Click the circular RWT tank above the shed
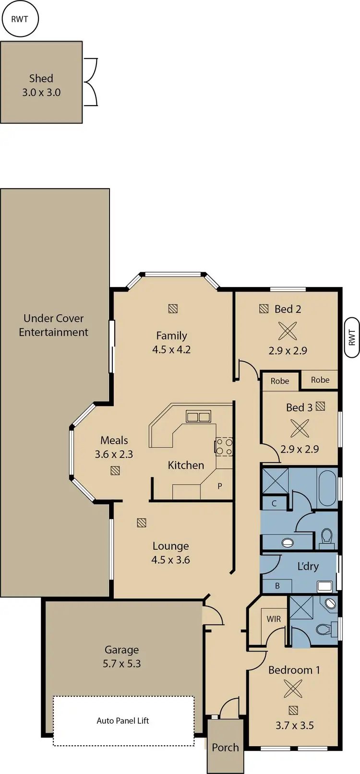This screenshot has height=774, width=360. click(x=19, y=20)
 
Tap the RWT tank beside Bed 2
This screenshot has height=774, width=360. click(x=351, y=337)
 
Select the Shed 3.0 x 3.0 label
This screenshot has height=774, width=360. click(x=41, y=85)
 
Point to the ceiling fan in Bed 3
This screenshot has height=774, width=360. click(x=300, y=428)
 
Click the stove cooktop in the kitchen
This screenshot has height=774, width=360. click(x=224, y=447)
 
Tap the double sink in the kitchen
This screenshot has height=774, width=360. click(x=198, y=416)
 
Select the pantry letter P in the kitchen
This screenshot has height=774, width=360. click(x=220, y=486)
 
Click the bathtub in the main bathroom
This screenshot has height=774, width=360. click(x=327, y=488)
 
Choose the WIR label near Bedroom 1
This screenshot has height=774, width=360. click(x=274, y=619)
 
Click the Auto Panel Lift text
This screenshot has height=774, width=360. click(x=123, y=721)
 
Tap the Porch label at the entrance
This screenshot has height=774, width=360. click(x=225, y=748)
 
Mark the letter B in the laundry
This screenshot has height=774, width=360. click(x=277, y=586)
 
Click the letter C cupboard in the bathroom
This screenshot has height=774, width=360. click(x=274, y=504)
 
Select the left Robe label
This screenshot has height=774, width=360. click(x=280, y=381)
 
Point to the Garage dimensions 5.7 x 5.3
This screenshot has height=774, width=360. click(x=122, y=664)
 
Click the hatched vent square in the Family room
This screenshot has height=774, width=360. click(x=173, y=309)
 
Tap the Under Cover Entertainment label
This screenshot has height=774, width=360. click(x=54, y=325)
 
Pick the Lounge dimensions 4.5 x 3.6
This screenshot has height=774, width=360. click(x=171, y=560)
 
